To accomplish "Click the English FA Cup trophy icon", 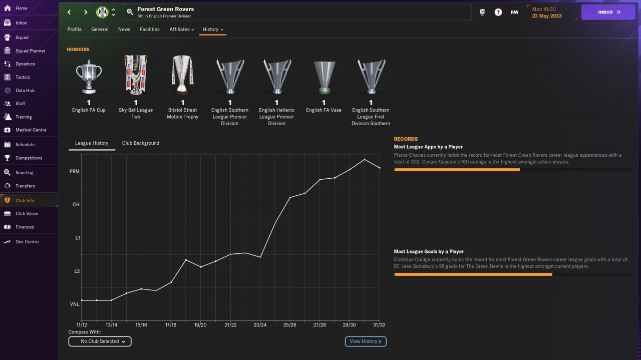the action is pos(89,77).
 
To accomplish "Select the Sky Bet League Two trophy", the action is pos(136,75).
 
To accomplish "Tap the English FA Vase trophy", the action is pos(324,77).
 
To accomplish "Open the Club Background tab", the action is pos(141,143).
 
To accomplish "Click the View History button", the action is pos(366,341).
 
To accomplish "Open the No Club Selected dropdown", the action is pos(100,341).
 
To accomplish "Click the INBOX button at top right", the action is pos(608,12).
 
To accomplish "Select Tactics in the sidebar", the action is pos(23,77).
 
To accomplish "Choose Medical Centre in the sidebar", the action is pos(31,130).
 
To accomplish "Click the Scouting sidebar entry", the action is pos(25,173).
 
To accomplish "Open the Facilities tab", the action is pos(150,29).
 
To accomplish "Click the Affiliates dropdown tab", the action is pos(182,29).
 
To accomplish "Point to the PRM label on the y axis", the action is pos(75,171).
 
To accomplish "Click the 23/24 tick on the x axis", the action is pos(260,325).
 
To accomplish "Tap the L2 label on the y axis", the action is pos(77,271).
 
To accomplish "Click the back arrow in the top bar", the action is pos(69,12).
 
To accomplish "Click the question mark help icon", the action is pos(498,12).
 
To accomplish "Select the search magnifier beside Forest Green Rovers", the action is pos(130,12).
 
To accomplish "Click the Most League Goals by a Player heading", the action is pos(429,251).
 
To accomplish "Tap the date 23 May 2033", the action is pos(547,16).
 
